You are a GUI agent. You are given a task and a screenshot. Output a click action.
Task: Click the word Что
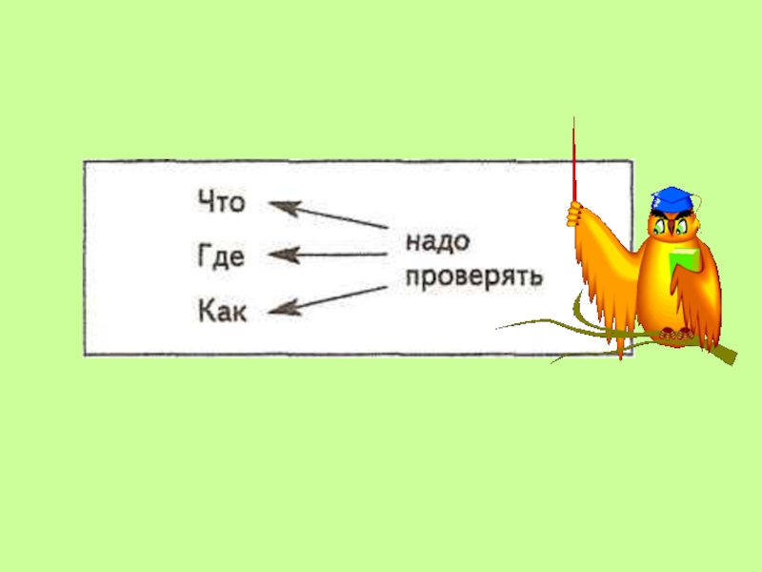tap(221, 203)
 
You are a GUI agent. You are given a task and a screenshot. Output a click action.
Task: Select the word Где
tap(221, 256)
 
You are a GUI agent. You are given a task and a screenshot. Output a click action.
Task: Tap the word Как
tap(222, 310)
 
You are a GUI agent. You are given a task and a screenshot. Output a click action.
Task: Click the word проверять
tap(473, 276)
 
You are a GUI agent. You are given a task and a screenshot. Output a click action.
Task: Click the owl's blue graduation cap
tap(672, 199)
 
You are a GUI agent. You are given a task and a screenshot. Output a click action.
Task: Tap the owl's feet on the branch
tap(675, 334)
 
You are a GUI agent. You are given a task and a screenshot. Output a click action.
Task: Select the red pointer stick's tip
tap(573, 120)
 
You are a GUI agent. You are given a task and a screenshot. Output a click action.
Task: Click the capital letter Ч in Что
tap(207, 203)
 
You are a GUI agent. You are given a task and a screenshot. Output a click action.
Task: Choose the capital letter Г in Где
tap(206, 256)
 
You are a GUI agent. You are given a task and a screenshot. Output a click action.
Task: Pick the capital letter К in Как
tap(208, 310)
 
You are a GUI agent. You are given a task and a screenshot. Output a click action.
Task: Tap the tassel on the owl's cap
tap(700, 201)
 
